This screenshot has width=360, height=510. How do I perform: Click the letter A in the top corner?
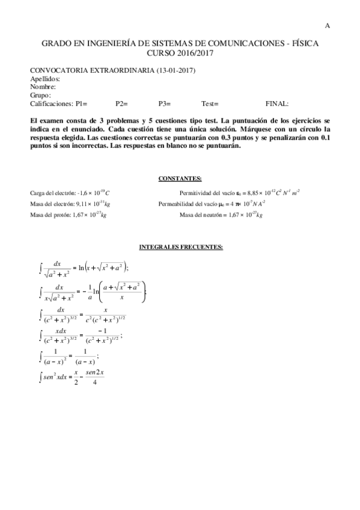click(x=327, y=25)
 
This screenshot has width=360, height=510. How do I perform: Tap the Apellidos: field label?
click(x=45, y=79)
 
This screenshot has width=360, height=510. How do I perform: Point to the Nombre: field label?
click(x=43, y=87)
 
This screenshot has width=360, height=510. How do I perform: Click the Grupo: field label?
click(x=40, y=95)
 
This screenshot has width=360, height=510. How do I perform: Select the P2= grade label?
click(x=122, y=103)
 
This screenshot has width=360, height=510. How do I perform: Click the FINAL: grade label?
click(x=276, y=103)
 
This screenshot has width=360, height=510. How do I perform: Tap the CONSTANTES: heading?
click(x=180, y=179)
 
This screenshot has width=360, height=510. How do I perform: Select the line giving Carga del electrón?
click(x=70, y=193)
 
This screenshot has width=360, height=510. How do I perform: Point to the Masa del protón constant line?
click(x=70, y=215)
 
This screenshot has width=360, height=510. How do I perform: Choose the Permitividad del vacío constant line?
click(x=240, y=193)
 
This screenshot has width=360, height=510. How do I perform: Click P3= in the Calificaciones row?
click(x=165, y=103)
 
